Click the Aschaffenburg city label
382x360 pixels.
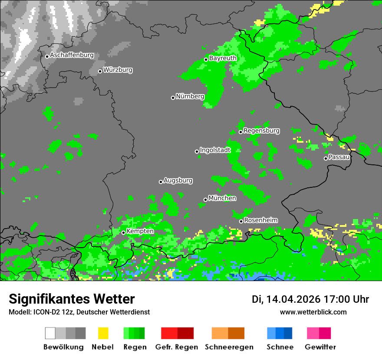pos(72,56)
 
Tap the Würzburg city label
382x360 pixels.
pos(118,70)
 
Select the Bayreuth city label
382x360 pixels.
pos(223,58)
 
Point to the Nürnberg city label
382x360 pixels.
pos(190,97)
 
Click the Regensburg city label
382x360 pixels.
pos(261,131)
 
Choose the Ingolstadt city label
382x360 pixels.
pos(215,150)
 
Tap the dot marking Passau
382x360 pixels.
pos(326,158)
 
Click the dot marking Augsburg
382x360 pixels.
pos(161,182)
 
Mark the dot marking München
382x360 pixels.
pos(205,200)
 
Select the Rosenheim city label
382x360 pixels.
pos(260,220)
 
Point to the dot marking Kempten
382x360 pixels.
pos(123,232)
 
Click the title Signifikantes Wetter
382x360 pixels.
pos(72,299)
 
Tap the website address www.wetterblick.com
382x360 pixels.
pos(313,312)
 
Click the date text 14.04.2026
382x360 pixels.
pos(293,299)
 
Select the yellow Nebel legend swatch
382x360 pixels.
pos(103,333)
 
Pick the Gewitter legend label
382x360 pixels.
pos(320,347)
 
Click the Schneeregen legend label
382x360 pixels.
pos(229,347)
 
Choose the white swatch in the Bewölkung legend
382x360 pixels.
pos(50,333)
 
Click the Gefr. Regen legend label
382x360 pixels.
pos(177,347)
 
